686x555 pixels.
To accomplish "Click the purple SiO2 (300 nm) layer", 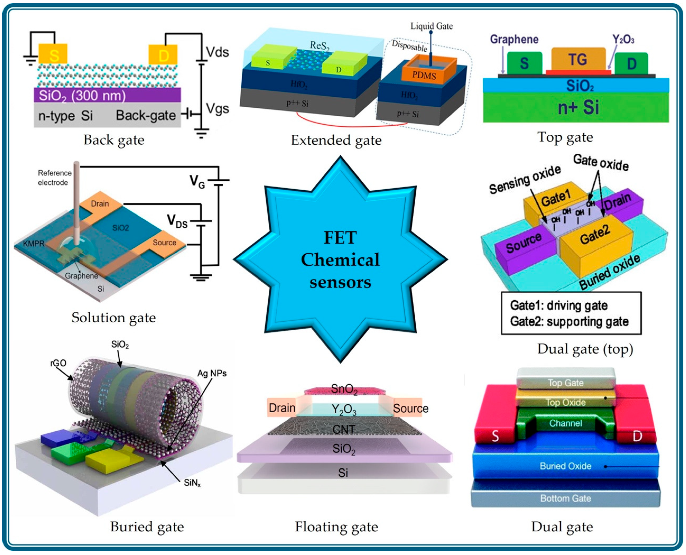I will coord(107,95).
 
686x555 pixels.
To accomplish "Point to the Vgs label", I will coord(217,109).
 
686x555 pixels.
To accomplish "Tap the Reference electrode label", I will coord(54,178).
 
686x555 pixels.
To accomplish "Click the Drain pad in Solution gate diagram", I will coord(100,203).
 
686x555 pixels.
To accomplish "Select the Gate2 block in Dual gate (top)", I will coord(595,238).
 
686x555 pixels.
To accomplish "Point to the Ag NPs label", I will coord(212,373).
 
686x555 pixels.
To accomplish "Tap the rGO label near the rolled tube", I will coord(58,363).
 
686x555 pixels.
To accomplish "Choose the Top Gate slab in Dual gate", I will coord(565,382).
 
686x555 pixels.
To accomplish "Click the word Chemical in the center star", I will coord(340,260).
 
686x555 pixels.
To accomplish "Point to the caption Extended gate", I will coord(336,140).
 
